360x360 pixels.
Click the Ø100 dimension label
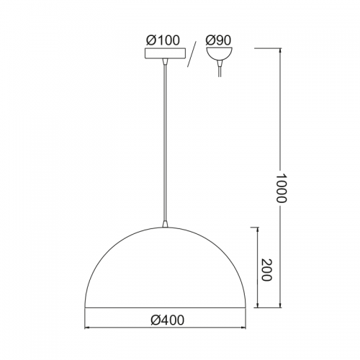click(163, 40)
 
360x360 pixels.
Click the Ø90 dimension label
click(218, 40)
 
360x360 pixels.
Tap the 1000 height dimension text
click(281, 188)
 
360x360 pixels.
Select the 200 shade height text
click(266, 270)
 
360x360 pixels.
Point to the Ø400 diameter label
click(168, 320)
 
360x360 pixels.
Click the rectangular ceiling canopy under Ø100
click(165, 53)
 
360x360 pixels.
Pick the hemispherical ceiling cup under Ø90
click(219, 54)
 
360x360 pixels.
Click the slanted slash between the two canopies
click(192, 54)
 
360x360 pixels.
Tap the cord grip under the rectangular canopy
click(165, 62)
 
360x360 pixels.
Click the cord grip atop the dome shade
click(165, 224)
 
